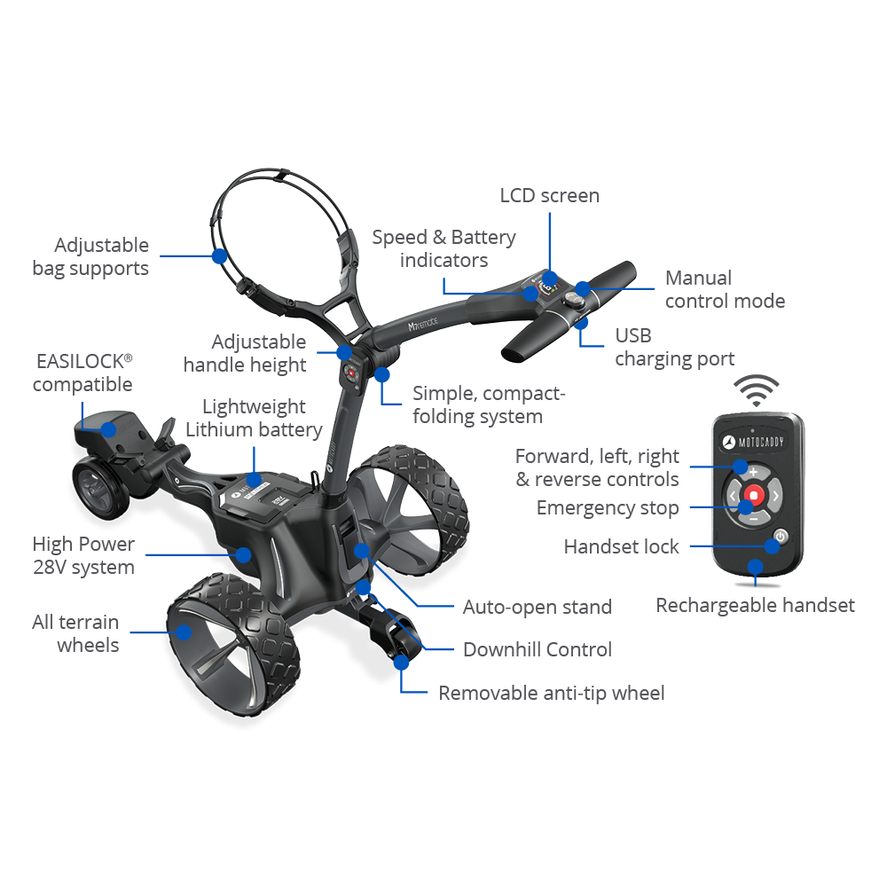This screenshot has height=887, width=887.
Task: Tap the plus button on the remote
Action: (752, 471)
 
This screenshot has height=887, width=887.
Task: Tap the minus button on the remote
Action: (753, 517)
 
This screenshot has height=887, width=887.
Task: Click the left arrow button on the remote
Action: (731, 495)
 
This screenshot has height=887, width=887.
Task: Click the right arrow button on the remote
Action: (775, 495)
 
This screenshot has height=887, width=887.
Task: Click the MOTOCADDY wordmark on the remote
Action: (759, 442)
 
